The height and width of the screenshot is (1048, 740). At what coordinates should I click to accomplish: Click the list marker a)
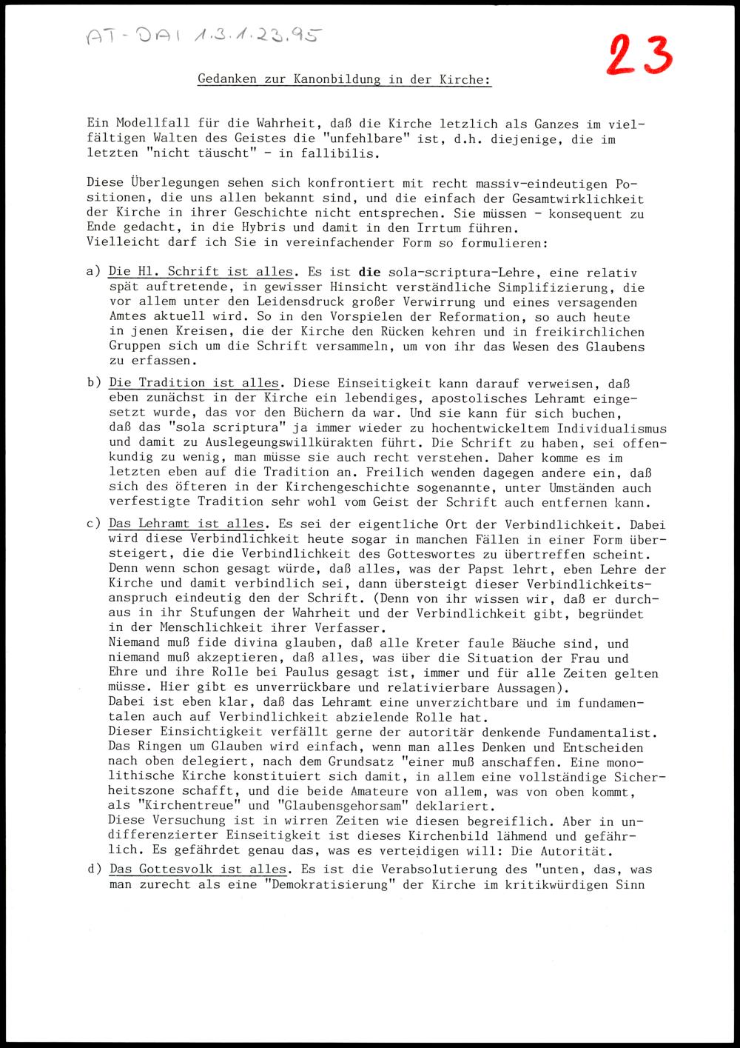point(93,273)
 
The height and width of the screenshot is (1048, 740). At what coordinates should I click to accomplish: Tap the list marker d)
point(94,869)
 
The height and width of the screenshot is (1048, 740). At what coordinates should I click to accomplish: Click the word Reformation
point(471,317)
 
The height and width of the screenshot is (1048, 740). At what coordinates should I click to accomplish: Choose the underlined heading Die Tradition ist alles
point(194,383)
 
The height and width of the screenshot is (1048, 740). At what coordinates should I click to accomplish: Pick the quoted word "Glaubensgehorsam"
point(325,806)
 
